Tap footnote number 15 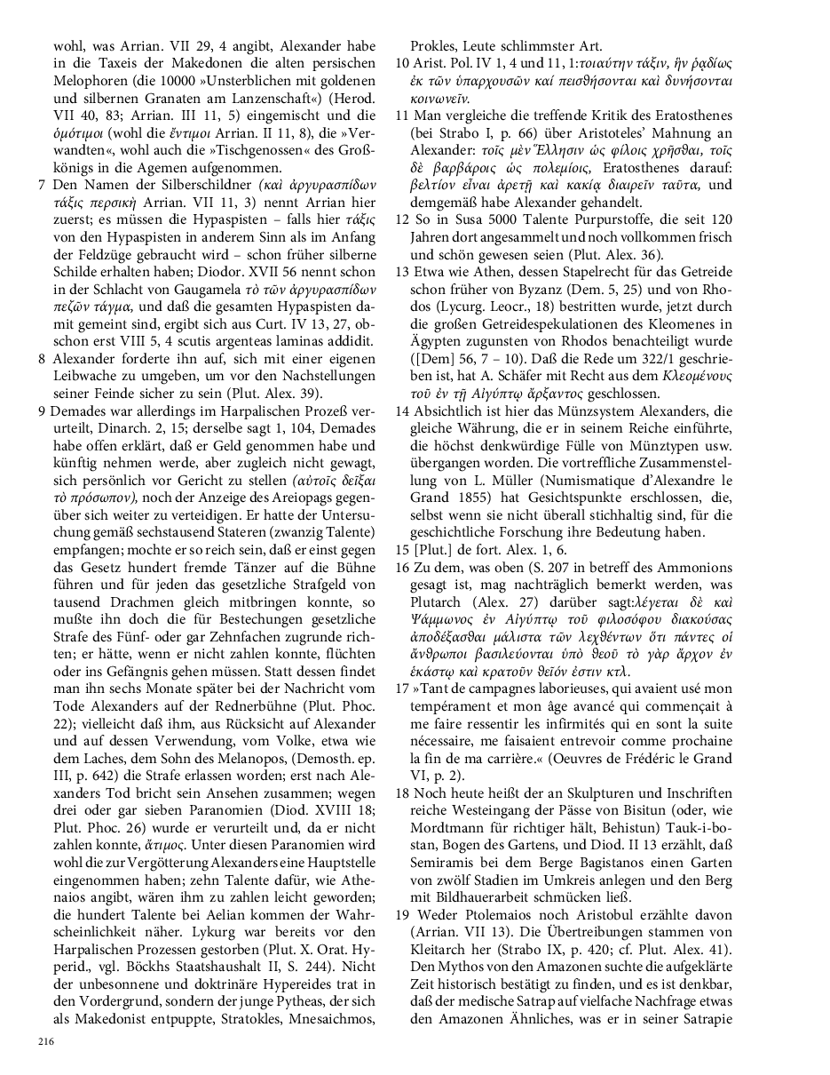[x=402, y=550]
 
